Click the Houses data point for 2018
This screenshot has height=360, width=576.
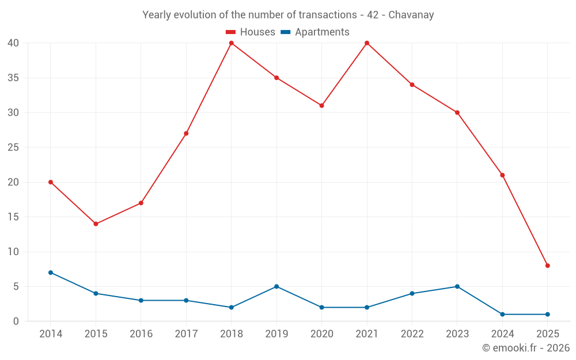(x=231, y=43)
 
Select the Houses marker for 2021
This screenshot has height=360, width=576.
(x=367, y=43)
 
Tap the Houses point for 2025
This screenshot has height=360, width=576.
(x=547, y=266)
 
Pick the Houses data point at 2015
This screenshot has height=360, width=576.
(x=96, y=224)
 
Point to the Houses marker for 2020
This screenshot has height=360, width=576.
(x=321, y=105)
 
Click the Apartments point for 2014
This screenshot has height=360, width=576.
(x=51, y=272)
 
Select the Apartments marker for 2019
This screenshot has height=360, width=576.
(x=276, y=286)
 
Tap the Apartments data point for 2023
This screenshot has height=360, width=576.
(x=457, y=286)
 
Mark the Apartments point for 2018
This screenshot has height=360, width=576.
(x=231, y=308)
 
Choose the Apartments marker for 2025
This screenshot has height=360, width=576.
(x=547, y=314)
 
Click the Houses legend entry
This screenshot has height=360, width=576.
(x=250, y=32)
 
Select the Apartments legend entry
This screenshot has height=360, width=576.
(x=314, y=32)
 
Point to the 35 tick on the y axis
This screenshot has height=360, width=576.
(x=13, y=78)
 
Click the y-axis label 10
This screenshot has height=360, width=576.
(x=13, y=252)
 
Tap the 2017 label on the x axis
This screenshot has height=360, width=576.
(x=186, y=334)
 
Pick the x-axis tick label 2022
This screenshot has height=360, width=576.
(x=412, y=334)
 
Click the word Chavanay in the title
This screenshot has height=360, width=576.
(x=411, y=15)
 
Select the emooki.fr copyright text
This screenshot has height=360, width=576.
(x=525, y=348)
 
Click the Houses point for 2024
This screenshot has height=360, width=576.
(x=502, y=175)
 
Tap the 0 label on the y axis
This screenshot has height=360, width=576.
(x=16, y=321)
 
